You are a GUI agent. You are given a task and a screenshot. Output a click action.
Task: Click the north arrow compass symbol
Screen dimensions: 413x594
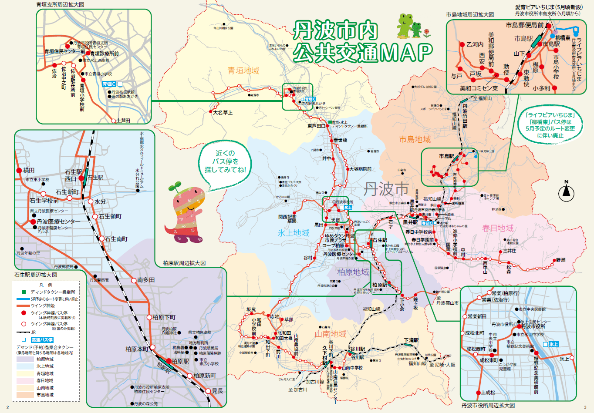(x=566, y=190)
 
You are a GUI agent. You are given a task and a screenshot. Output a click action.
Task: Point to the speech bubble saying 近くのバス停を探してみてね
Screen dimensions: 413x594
(x=225, y=161)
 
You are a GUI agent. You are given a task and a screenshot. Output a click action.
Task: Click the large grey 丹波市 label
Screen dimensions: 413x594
(x=386, y=189)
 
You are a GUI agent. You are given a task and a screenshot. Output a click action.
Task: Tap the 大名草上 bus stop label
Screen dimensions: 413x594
(x=223, y=113)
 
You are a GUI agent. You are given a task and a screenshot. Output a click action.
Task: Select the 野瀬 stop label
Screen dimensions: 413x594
(x=560, y=260)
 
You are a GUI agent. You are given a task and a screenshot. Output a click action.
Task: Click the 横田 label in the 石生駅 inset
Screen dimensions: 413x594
(x=29, y=170)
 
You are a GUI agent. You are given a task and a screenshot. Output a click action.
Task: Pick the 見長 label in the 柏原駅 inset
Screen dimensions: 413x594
(x=217, y=391)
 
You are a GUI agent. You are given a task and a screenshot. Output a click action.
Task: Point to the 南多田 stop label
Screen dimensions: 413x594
(x=146, y=280)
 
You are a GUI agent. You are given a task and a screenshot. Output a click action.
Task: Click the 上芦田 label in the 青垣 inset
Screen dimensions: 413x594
(x=123, y=121)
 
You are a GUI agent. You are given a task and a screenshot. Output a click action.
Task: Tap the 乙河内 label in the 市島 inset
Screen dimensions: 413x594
(x=475, y=44)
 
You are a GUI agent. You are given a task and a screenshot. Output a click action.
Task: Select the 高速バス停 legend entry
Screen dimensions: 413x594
(x=42, y=339)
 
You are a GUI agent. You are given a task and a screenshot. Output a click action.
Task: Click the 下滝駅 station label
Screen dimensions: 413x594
(x=411, y=340)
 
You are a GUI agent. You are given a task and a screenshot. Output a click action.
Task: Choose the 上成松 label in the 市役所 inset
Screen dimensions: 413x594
(x=488, y=393)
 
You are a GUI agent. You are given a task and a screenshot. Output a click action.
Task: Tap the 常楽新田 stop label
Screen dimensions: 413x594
(x=477, y=316)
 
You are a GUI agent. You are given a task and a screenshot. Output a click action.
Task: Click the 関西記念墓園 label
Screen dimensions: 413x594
(x=287, y=218)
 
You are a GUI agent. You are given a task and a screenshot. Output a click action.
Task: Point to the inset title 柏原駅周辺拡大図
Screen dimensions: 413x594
(x=184, y=263)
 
